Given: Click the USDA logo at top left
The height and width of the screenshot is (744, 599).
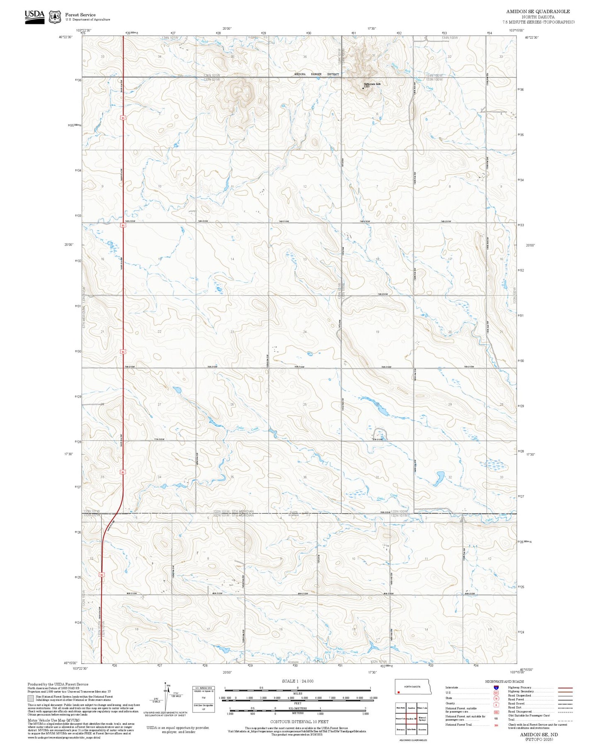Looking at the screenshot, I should (x=34, y=16).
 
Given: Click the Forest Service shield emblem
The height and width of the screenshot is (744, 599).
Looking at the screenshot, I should (x=55, y=17).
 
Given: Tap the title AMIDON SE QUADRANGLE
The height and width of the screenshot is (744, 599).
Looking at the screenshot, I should (x=538, y=12).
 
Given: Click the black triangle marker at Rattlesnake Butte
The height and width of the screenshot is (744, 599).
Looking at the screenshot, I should (x=364, y=88).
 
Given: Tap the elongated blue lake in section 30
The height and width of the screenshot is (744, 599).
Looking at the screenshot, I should (x=375, y=406).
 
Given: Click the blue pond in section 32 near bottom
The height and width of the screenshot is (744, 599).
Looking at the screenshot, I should (x=439, y=478).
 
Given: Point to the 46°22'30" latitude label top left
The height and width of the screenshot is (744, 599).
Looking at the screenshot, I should (x=66, y=37).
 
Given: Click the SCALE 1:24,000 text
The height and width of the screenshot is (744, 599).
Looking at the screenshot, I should (x=297, y=681).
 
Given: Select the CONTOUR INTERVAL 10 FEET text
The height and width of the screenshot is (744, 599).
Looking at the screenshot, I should (x=299, y=722).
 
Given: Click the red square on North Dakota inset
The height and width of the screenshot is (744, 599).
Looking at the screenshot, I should (x=398, y=692).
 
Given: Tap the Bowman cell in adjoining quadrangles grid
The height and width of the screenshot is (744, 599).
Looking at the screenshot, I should (x=400, y=729).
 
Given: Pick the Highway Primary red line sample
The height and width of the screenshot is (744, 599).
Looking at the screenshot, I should (x=565, y=687).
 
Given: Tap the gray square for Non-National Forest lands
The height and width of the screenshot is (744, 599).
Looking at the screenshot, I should (x=31, y=698).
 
